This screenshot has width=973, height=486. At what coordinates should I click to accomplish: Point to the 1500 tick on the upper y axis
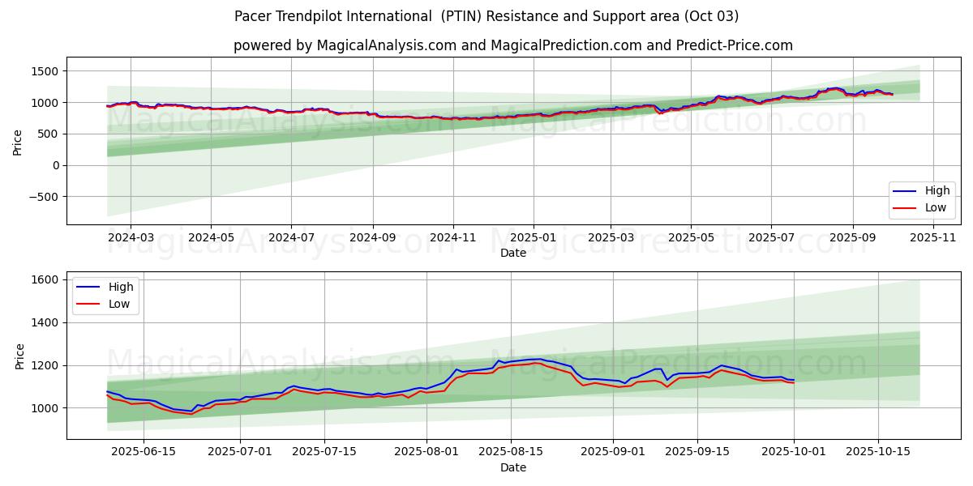[44, 71]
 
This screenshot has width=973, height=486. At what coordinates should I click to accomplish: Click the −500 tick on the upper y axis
[41, 197]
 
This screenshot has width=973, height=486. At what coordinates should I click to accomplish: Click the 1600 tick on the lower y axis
[45, 279]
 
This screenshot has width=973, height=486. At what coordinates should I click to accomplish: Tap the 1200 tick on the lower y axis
[45, 365]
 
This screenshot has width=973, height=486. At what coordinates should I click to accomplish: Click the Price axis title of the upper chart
[18, 143]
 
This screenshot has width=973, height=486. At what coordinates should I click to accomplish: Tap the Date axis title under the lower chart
[513, 467]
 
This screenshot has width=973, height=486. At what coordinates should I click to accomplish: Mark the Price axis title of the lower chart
[18, 356]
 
